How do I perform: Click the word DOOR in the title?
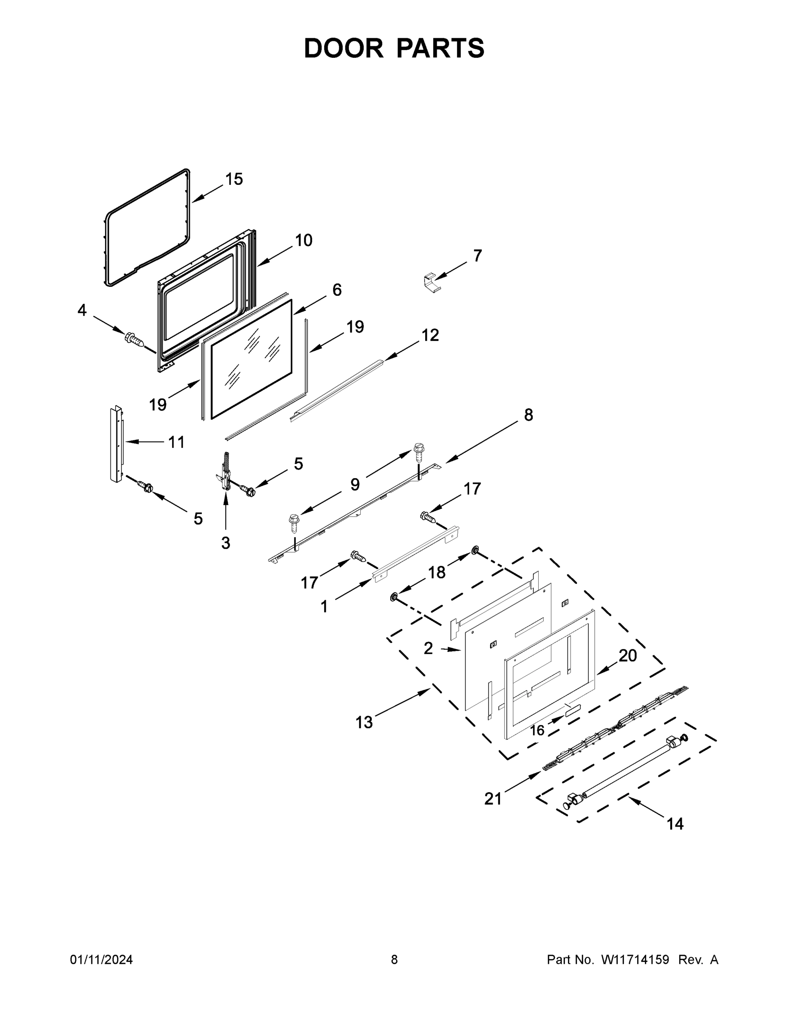[344, 48]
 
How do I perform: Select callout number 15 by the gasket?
[234, 179]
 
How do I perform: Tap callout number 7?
[477, 255]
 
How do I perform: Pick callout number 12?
[430, 335]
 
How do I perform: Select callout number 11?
[176, 442]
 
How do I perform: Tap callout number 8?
[528, 415]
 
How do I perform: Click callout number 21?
[492, 799]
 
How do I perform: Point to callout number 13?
[364, 722]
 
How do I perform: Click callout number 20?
[627, 656]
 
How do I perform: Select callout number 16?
[537, 730]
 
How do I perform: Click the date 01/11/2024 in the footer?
[101, 960]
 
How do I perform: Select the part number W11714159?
[635, 960]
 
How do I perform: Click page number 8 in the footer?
[394, 960]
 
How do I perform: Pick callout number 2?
[428, 648]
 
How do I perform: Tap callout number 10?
[303, 240]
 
